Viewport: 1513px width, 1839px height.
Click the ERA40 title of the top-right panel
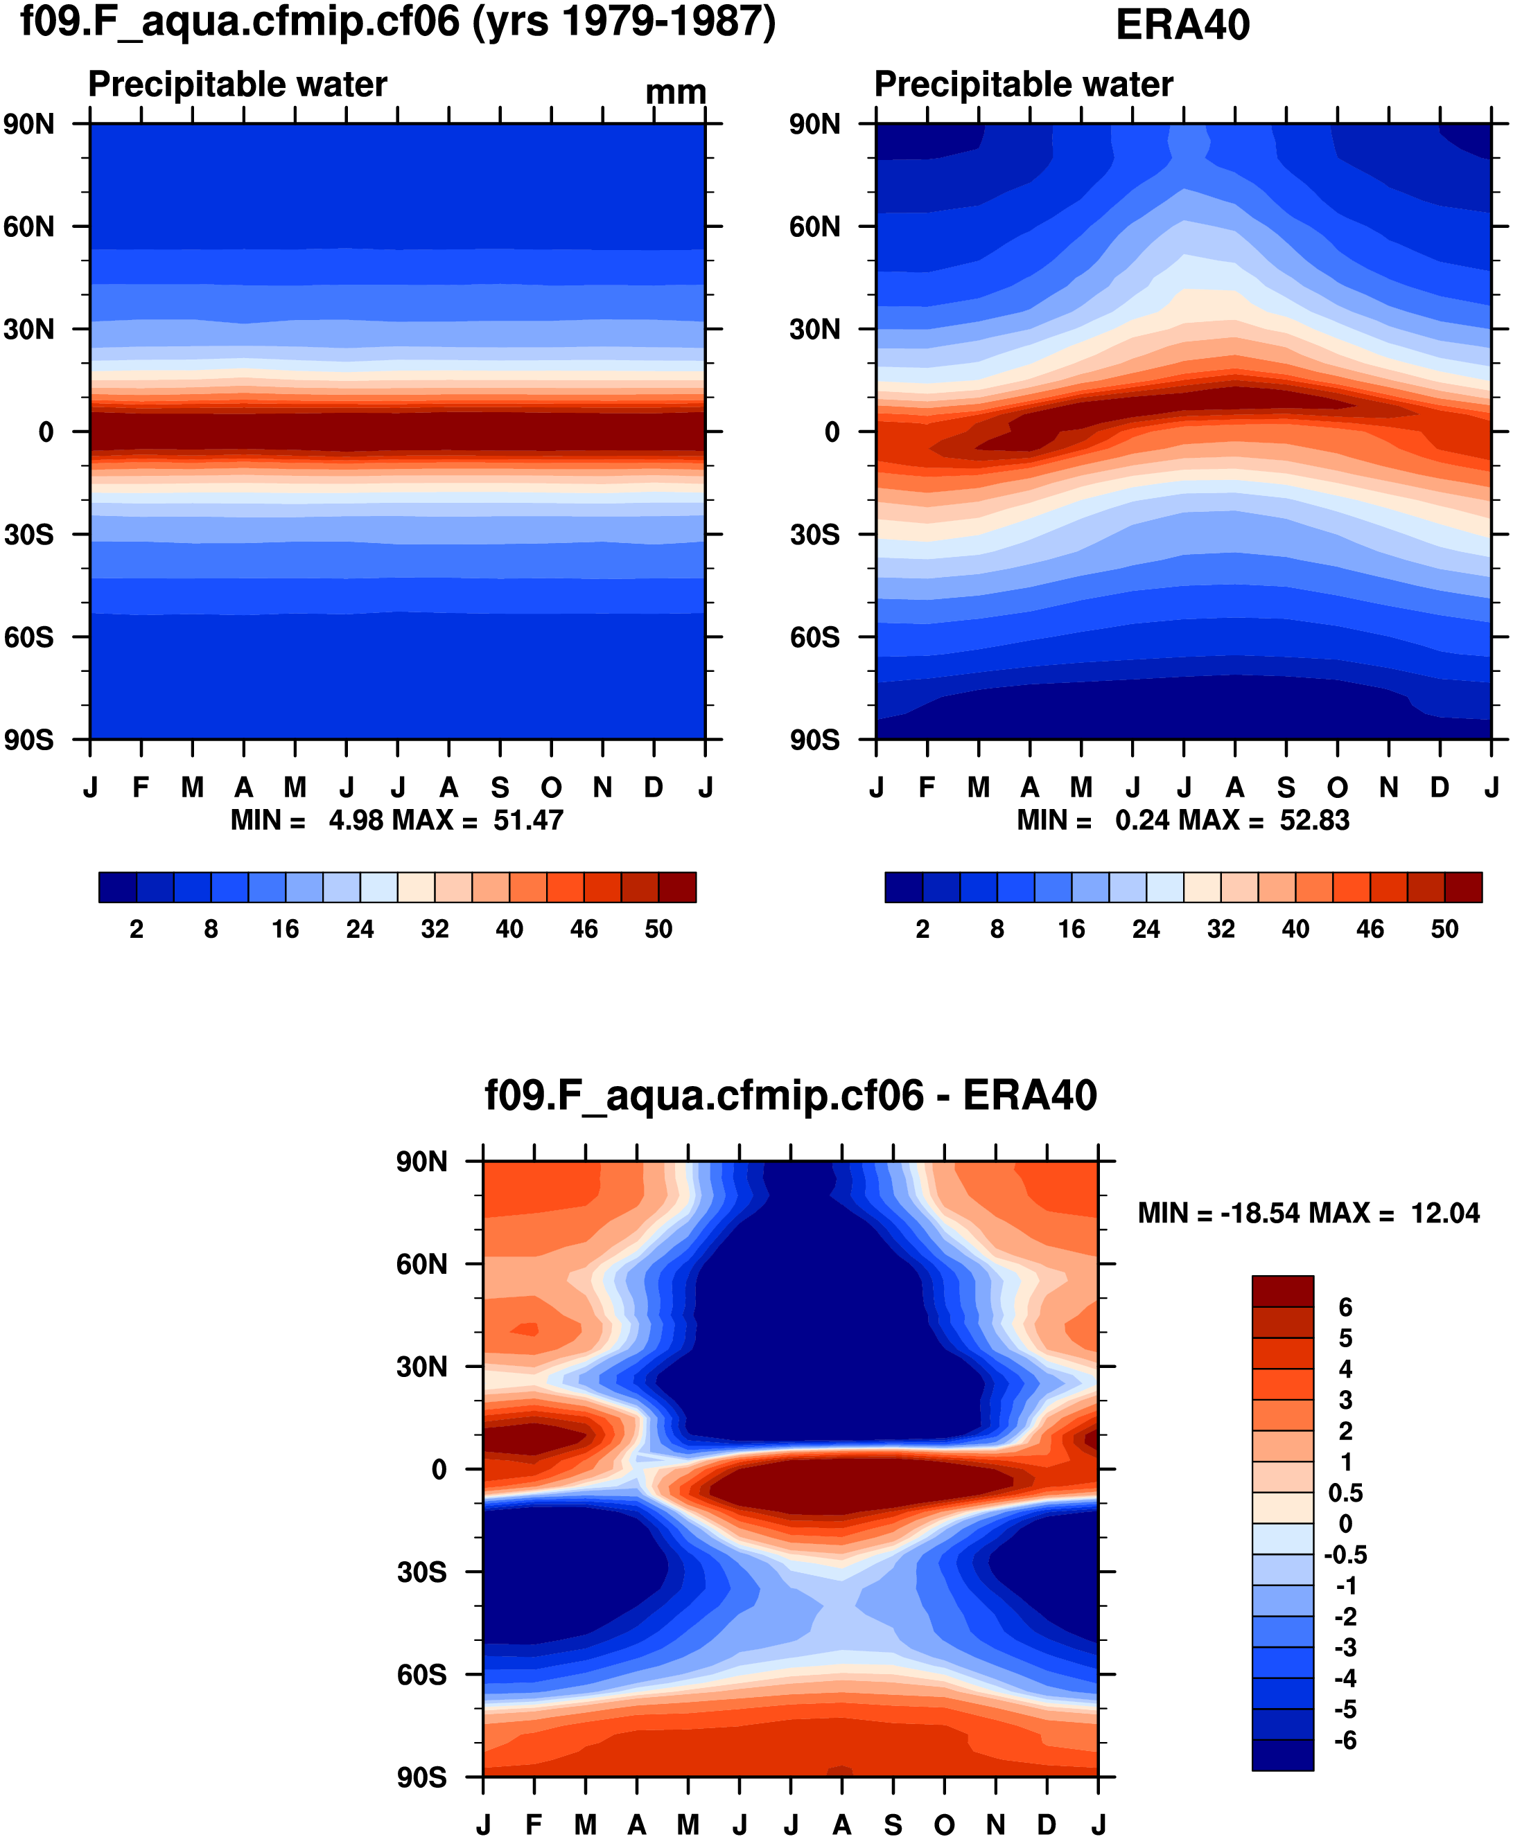(1182, 25)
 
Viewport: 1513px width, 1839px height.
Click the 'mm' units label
(676, 92)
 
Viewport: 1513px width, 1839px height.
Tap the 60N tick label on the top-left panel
(28, 227)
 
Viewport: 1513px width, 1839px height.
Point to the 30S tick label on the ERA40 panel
(815, 535)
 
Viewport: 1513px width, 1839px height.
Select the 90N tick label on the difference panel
(422, 1162)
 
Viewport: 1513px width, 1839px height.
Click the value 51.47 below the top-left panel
(528, 821)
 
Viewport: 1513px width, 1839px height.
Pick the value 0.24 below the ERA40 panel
(1142, 821)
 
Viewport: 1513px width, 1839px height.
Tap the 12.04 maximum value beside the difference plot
(1444, 1214)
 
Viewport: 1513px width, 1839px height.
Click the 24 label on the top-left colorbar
(360, 930)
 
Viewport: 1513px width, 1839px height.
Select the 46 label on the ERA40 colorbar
(1370, 930)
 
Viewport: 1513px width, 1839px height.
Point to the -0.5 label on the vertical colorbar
(1345, 1555)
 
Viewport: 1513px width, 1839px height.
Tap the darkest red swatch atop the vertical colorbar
(1282, 1291)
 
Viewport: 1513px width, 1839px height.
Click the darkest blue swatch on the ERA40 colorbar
(903, 887)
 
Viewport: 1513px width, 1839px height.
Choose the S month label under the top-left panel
(500, 788)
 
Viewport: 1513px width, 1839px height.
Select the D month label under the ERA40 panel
(1440, 788)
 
